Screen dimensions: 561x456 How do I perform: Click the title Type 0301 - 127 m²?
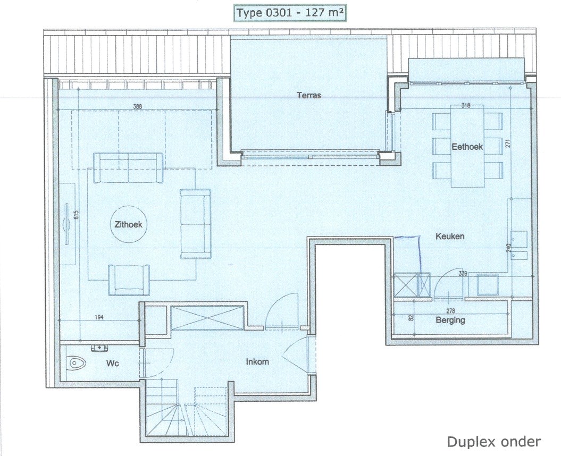tap(290, 13)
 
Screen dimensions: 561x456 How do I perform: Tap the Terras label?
tap(309, 95)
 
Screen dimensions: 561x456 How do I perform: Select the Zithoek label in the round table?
tap(128, 224)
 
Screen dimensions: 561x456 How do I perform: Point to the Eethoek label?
tap(467, 147)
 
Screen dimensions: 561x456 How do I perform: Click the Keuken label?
tap(450, 236)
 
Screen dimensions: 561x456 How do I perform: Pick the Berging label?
tap(450, 320)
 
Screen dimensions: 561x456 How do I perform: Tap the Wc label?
tap(113, 364)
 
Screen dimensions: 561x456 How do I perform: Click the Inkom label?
tap(257, 361)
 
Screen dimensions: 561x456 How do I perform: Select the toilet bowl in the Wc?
tap(77, 364)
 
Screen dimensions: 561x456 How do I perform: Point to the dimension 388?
tap(137, 106)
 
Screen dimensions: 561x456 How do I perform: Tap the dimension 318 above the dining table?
tap(466, 106)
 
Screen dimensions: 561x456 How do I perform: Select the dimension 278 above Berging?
tap(450, 311)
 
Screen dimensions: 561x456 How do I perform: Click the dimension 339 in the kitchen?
tap(463, 273)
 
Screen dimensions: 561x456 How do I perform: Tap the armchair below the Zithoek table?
tap(129, 280)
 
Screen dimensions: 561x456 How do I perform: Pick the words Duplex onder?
tap(494, 442)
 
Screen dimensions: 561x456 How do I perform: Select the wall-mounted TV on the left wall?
tap(66, 224)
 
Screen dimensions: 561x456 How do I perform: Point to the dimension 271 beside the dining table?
tap(508, 144)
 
